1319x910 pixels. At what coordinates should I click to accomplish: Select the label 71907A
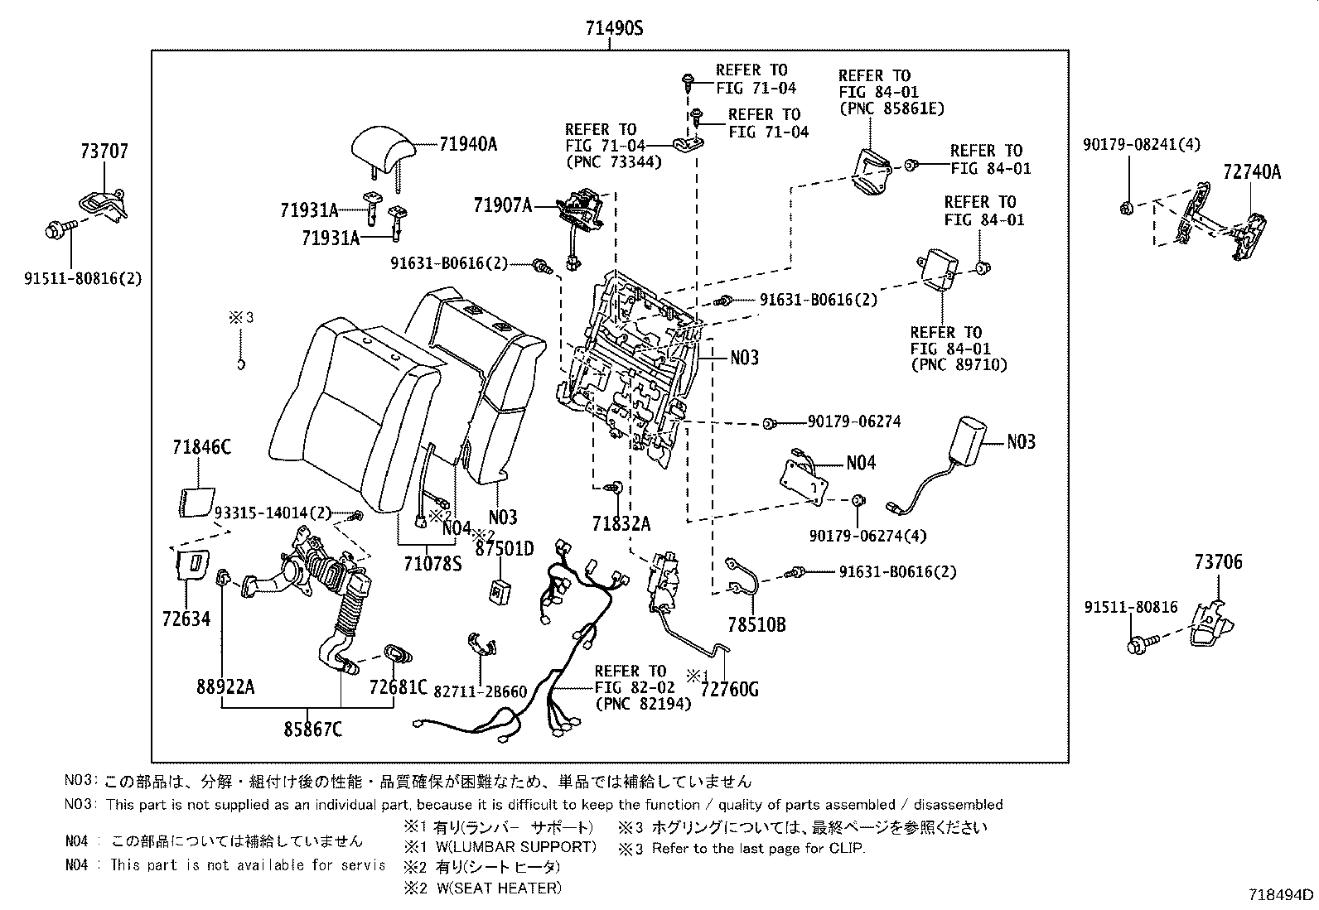tap(502, 205)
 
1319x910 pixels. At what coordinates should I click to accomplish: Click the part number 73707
tap(104, 152)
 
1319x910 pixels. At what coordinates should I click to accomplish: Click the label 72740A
tap(1251, 172)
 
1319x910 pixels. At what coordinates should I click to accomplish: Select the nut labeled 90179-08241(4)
tap(1125, 207)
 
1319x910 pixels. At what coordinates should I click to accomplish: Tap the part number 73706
tap(1218, 563)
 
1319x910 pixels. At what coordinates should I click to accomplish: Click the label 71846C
tap(201, 448)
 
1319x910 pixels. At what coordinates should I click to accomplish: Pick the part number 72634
tap(186, 619)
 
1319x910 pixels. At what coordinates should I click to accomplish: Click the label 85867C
tap(312, 729)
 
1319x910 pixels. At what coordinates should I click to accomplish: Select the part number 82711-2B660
tap(480, 691)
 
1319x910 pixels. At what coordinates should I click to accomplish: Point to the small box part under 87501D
tap(500, 590)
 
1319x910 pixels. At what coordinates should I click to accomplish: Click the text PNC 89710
tap(959, 365)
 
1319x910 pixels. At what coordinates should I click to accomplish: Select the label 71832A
tap(621, 524)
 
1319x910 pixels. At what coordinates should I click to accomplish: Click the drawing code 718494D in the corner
tap(1281, 894)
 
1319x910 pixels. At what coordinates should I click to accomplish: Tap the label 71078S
tap(432, 564)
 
